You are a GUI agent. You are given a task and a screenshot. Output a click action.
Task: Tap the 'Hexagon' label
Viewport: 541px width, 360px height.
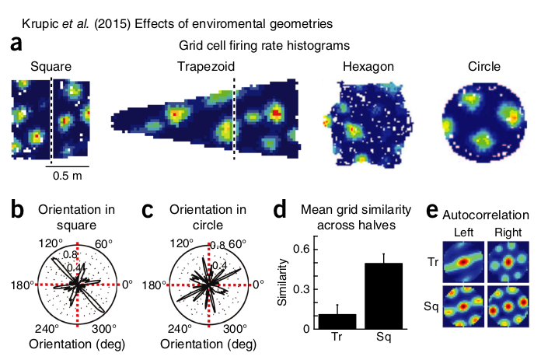coord(365,66)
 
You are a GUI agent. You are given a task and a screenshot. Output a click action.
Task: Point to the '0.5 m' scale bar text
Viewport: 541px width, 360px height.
coord(69,176)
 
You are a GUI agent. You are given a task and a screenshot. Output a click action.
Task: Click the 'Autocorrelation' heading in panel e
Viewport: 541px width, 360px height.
coord(486,212)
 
